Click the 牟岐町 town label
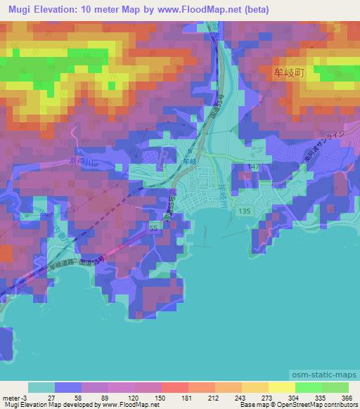click(x=288, y=72)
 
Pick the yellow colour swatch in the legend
click(x=281, y=387)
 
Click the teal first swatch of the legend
click(x=41, y=387)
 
